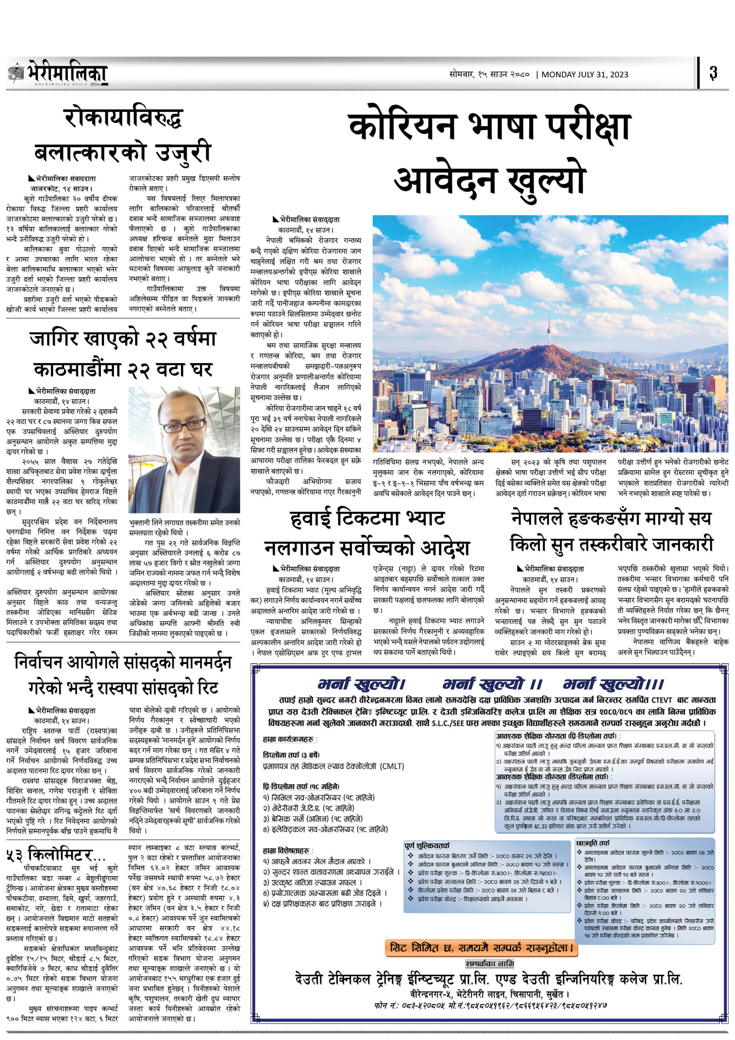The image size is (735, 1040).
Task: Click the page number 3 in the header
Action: click(713, 72)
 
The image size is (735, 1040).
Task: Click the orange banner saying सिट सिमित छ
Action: click(481, 948)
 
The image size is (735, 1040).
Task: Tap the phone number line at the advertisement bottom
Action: click(491, 1005)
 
